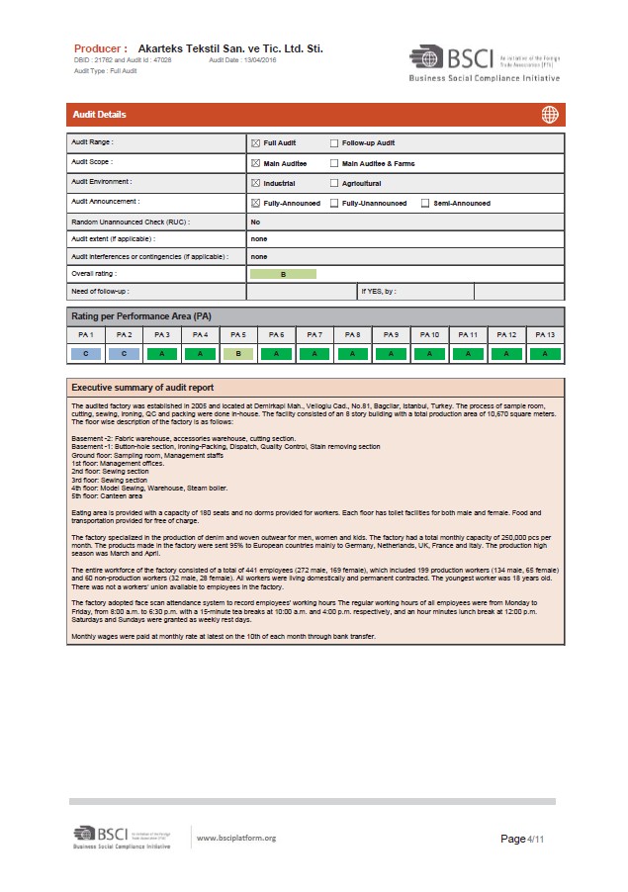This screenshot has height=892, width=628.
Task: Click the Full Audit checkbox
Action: (255, 143)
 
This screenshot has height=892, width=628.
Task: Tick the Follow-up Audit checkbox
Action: (333, 143)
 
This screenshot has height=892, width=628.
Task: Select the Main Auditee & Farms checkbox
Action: (333, 163)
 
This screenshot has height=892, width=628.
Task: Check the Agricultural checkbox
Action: (333, 183)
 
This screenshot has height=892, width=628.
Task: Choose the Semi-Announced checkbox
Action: (424, 204)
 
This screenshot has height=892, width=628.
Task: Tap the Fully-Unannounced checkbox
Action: (333, 204)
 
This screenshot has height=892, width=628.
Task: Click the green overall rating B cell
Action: (283, 273)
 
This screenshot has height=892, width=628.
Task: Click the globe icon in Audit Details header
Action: (549, 115)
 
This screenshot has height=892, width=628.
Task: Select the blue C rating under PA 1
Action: (86, 353)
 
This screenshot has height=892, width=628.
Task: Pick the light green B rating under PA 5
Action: (238, 353)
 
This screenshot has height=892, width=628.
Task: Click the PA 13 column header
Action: (545, 335)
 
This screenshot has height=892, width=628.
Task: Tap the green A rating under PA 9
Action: (392, 353)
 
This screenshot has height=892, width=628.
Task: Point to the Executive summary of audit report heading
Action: (142, 387)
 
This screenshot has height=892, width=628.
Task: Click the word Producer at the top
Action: (100, 47)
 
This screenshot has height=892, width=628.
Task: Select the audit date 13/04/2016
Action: (258, 60)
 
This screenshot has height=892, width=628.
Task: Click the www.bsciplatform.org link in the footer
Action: (236, 839)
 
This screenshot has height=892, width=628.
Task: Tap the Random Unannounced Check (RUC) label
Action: (131, 223)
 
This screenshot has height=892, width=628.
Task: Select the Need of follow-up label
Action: (100, 292)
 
